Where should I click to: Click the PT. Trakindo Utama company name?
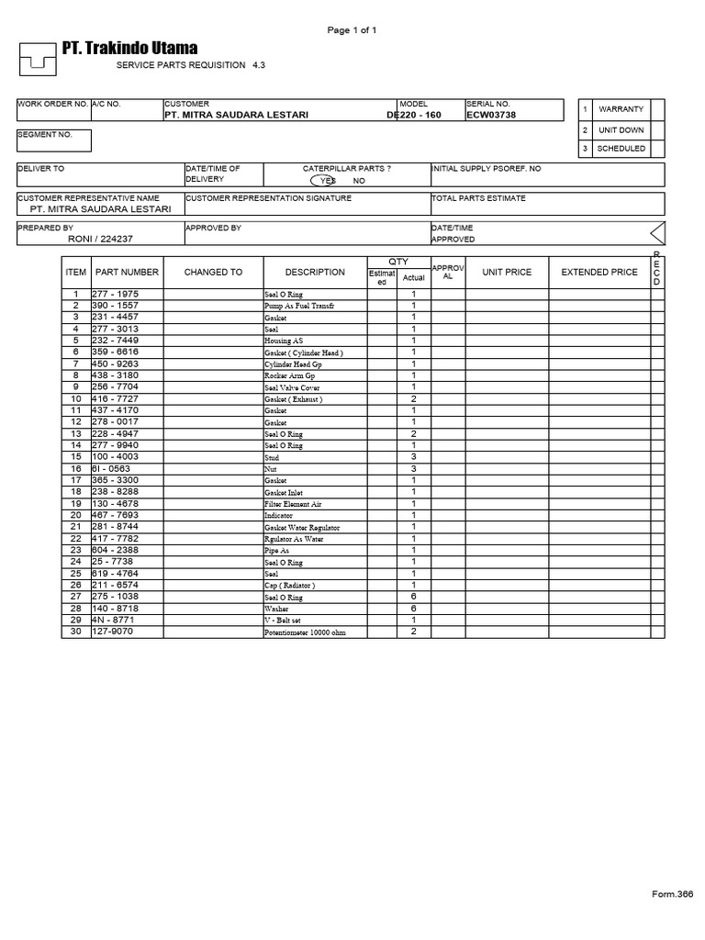pyautogui.click(x=129, y=48)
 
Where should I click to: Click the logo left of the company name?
pyautogui.click(x=38, y=60)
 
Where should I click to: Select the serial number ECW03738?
pyautogui.click(x=492, y=116)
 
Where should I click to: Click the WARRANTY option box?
pyautogui.click(x=621, y=109)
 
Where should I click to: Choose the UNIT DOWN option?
pyautogui.click(x=621, y=130)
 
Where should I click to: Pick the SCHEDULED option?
pyautogui.click(x=621, y=149)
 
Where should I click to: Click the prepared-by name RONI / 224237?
pyautogui.click(x=99, y=239)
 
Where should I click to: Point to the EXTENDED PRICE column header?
pyautogui.click(x=599, y=273)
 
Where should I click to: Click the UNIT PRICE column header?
pyautogui.click(x=507, y=273)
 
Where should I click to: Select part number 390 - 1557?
pyautogui.click(x=115, y=305)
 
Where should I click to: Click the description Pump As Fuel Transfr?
pyautogui.click(x=300, y=306)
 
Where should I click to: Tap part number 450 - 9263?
pyautogui.click(x=115, y=364)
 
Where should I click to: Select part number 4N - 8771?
pyautogui.click(x=112, y=620)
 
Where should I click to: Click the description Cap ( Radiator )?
pyautogui.click(x=290, y=586)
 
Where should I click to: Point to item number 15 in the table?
pyautogui.click(x=76, y=456)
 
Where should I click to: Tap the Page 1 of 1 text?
pyautogui.click(x=352, y=30)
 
